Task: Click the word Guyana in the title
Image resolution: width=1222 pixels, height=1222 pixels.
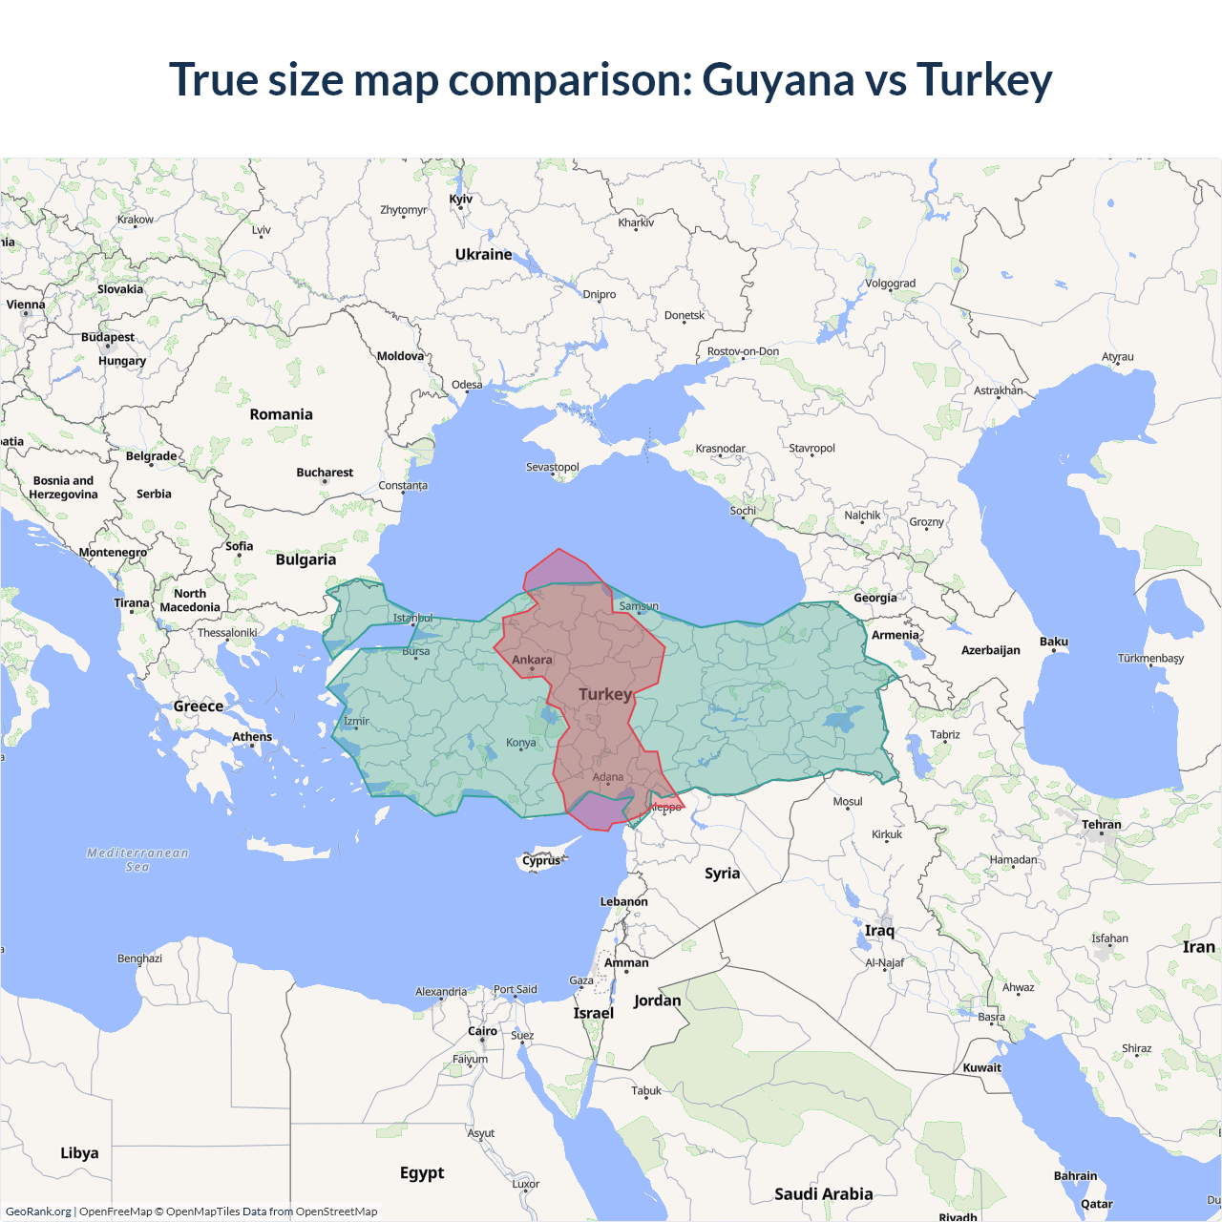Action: (777, 80)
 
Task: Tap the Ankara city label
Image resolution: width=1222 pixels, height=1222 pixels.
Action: (532, 660)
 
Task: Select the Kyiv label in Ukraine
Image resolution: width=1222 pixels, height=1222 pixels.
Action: (460, 199)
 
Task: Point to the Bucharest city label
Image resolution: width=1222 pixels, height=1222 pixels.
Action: (325, 473)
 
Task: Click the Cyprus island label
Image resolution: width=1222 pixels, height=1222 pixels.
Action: (541, 860)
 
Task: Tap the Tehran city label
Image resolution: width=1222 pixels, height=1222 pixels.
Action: (1101, 824)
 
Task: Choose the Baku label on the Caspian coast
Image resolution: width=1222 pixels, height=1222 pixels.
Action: (1054, 642)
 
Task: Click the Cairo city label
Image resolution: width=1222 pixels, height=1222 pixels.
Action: (482, 1031)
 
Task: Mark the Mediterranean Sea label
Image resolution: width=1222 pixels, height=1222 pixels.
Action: (137, 859)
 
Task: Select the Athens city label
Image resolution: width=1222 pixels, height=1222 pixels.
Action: (252, 737)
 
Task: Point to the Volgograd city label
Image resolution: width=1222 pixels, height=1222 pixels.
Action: (890, 284)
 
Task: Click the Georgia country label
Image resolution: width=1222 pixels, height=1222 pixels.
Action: (875, 598)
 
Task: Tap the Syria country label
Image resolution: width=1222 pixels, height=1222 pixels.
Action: (722, 874)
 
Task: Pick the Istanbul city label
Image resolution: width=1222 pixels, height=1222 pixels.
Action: (412, 618)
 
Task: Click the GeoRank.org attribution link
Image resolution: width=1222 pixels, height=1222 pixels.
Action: (38, 1211)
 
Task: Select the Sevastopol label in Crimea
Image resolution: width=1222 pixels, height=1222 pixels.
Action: (553, 467)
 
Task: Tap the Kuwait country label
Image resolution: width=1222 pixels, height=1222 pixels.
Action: (981, 1067)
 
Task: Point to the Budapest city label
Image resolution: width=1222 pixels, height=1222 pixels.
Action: (108, 337)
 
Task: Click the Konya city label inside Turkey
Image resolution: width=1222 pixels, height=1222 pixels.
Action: (521, 743)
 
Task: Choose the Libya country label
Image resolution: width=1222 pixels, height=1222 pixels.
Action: (79, 1153)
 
